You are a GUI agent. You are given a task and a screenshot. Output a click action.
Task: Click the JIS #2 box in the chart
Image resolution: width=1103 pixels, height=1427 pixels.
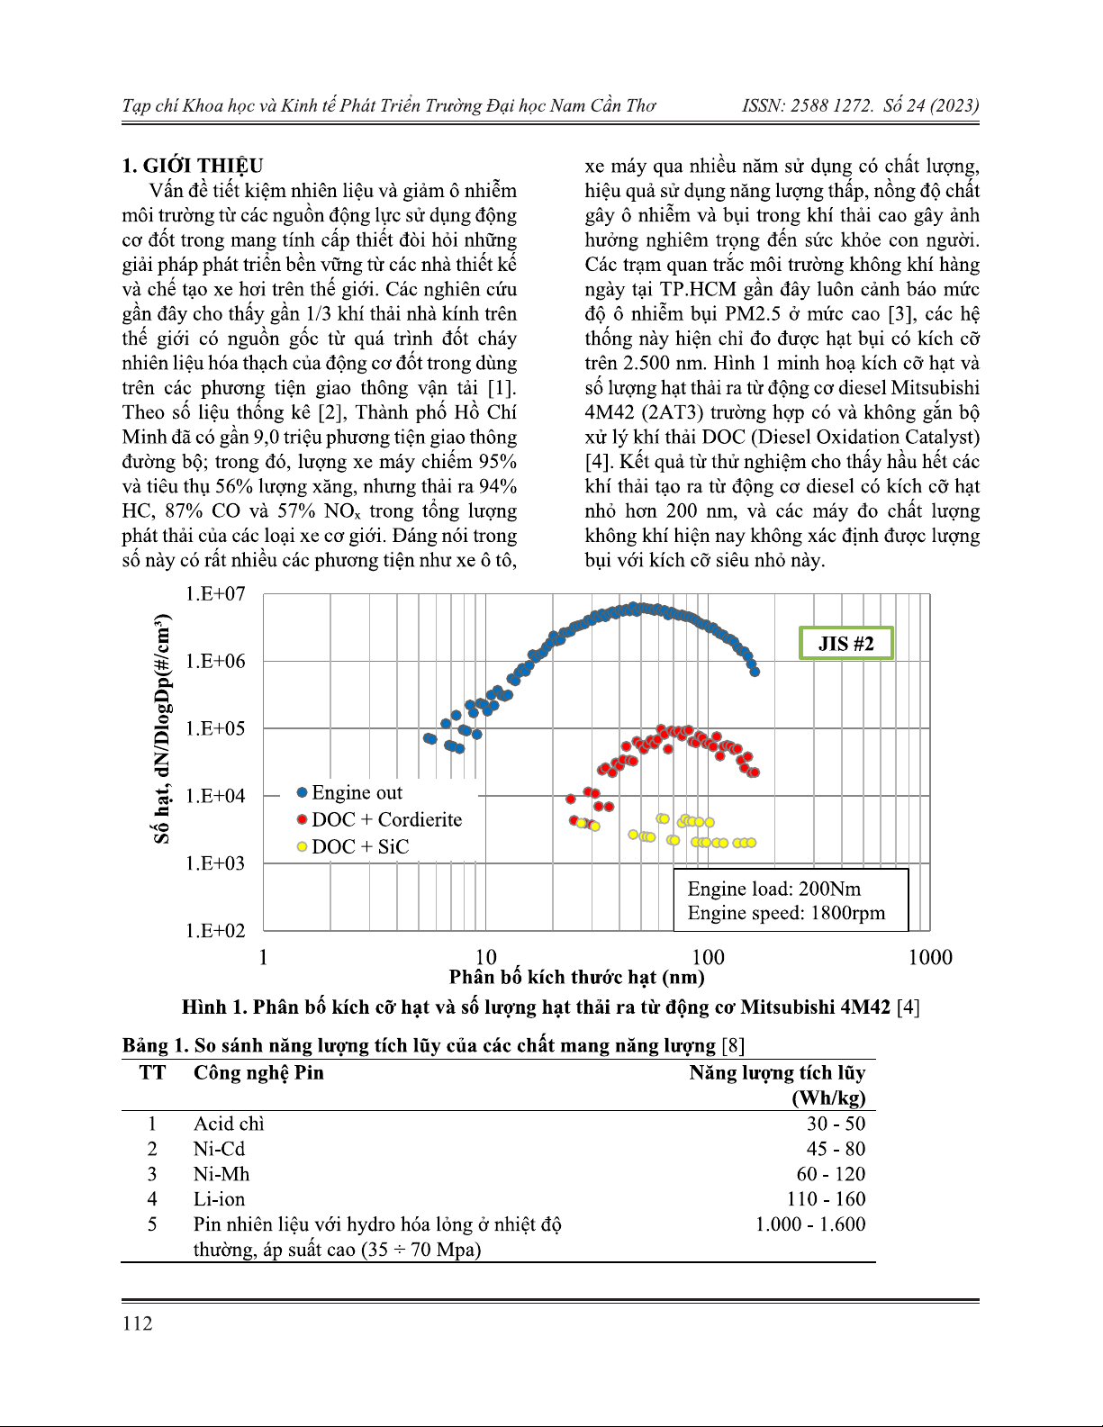845,644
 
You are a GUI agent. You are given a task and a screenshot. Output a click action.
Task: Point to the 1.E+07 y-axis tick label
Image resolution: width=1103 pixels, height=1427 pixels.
215,594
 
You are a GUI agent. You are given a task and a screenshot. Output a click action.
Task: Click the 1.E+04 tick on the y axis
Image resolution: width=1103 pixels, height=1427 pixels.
215,796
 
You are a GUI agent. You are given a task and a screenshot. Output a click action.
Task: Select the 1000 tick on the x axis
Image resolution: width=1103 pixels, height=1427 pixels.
930,957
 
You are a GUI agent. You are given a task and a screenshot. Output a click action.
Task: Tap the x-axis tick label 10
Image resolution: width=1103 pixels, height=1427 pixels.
485,957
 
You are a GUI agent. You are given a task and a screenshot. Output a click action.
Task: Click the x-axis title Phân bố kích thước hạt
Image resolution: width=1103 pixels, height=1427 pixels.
576,978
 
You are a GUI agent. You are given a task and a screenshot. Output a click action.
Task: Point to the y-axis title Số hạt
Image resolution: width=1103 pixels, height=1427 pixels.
162,729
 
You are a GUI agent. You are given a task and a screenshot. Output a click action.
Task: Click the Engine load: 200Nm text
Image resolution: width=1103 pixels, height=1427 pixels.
774,890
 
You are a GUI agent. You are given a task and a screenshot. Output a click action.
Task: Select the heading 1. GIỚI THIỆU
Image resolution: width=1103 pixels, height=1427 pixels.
193,166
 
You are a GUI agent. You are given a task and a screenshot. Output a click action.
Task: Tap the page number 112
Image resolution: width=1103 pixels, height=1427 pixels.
138,1323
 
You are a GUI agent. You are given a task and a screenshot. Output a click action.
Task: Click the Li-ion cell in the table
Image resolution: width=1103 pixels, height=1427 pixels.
219,1199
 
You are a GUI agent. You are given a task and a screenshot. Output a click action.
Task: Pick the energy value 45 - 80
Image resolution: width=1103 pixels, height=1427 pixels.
836,1149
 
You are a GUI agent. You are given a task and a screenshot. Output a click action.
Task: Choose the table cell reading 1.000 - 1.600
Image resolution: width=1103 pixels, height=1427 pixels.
810,1224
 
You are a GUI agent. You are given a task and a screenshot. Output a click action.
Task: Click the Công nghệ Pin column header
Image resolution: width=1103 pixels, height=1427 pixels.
258,1073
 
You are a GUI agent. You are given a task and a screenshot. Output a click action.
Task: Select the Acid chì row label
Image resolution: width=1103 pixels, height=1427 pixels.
229,1124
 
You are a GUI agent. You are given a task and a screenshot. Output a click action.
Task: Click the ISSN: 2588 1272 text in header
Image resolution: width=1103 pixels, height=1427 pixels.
807,106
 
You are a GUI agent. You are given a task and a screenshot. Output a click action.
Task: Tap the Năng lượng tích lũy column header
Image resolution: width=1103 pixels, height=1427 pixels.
777,1073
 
